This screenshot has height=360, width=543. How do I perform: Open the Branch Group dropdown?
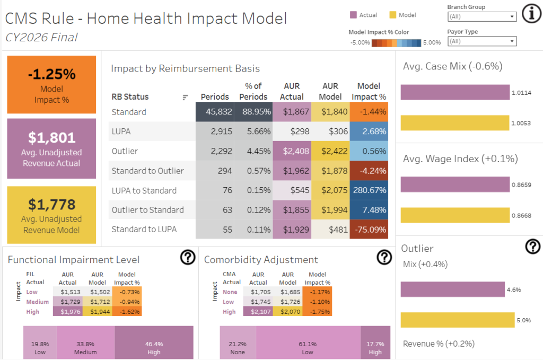[x=482, y=16]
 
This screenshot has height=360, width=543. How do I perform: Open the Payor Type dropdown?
[x=482, y=41]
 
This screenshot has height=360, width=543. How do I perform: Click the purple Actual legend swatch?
[x=353, y=15]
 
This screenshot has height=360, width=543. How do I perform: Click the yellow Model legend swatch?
[x=393, y=15]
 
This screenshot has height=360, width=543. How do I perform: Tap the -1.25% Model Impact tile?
[x=51, y=84]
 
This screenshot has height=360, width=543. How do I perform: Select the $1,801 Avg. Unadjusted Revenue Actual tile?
[x=51, y=148]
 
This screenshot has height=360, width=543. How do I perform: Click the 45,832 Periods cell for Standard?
[x=215, y=112]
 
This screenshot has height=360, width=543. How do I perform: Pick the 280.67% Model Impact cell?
[x=369, y=190]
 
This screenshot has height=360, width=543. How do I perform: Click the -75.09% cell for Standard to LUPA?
[x=369, y=230]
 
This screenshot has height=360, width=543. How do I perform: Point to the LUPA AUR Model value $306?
[x=330, y=131]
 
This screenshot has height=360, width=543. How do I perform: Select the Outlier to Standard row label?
[x=147, y=210]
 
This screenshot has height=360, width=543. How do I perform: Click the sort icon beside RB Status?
[x=185, y=97]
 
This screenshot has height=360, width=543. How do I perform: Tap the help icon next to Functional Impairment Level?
[x=188, y=258]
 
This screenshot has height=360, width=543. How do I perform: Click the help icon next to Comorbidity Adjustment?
[x=384, y=258]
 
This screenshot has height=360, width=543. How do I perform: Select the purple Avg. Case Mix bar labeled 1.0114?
[x=454, y=92]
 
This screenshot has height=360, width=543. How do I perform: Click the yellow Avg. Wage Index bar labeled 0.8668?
[x=454, y=215]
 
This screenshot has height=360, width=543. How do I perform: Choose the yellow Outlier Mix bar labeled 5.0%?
[x=457, y=320]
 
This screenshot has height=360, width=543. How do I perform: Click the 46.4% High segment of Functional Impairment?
[x=154, y=343]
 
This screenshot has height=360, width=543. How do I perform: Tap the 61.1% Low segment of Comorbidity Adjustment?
[x=308, y=343]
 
